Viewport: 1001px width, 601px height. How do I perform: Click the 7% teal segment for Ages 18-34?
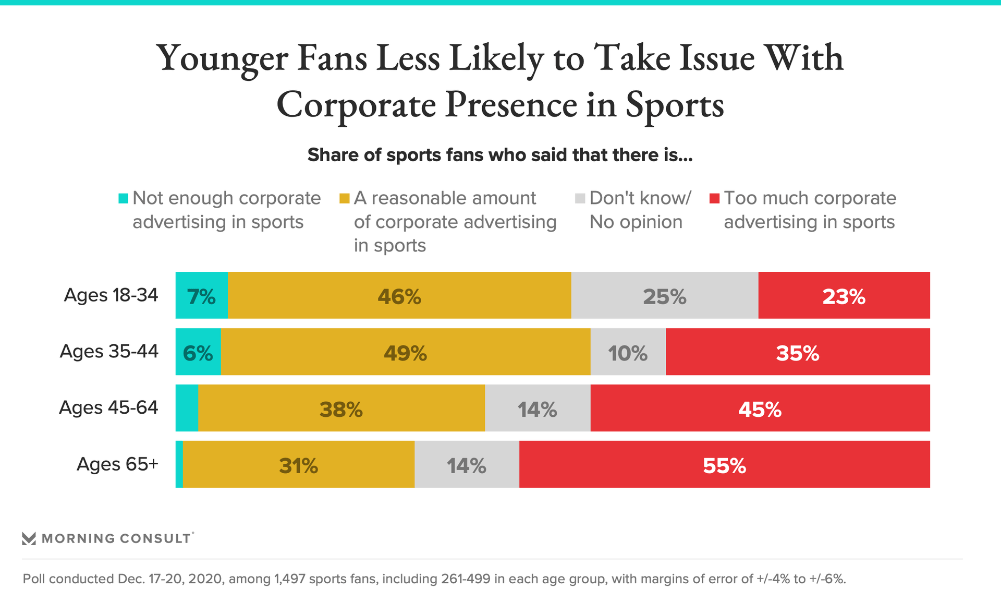202,295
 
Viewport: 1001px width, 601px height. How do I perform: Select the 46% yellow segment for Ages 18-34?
399,295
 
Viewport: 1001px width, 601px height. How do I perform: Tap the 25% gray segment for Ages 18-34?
665,295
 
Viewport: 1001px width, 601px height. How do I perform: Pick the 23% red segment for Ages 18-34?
844,295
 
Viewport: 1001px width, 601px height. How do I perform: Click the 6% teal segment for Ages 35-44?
198,352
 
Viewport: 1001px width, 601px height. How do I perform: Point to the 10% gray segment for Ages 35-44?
628,352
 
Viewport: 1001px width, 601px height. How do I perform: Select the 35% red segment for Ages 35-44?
798,352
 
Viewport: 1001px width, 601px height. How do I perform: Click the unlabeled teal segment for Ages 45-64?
187,408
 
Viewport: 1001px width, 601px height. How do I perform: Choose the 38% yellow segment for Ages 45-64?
341,408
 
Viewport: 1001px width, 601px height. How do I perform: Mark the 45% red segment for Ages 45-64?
760,408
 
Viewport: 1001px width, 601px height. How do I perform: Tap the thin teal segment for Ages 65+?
179,464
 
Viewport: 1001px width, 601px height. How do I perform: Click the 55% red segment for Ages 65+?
725,464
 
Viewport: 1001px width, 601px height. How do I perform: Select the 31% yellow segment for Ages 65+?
299,464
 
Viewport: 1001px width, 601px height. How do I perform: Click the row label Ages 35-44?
109,351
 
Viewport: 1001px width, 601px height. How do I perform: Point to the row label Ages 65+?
117,464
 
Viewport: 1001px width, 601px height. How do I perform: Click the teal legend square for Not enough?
124,198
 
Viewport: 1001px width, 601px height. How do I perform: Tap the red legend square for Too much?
715,198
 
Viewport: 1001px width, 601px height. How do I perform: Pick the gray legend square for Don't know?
580,198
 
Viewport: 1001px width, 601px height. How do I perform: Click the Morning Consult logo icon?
29,538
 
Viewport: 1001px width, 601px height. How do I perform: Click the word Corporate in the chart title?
356,104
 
